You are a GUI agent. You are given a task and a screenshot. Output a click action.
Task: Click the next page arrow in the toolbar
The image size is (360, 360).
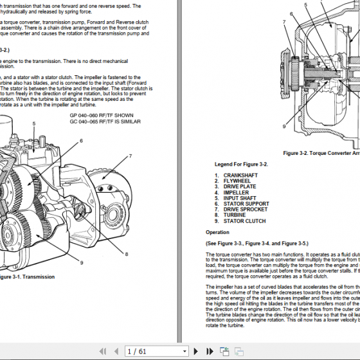[x=195, y=351]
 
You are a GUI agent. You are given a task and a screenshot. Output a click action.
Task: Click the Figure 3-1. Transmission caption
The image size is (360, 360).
[x=26, y=276]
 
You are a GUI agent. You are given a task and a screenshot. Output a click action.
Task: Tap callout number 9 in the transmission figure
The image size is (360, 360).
[x=82, y=262]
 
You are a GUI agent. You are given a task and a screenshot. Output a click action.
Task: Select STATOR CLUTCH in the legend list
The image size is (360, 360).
[x=245, y=221]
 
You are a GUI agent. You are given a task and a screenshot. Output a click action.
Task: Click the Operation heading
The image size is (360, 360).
[x=217, y=232]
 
